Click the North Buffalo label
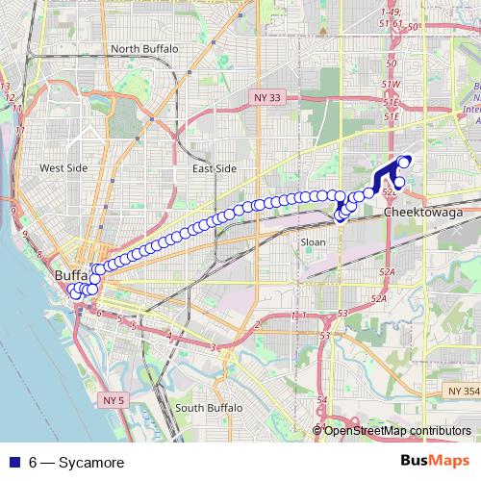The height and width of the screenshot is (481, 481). (x=146, y=48)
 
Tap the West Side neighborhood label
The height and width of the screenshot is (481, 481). (x=63, y=168)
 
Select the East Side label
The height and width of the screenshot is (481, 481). (x=214, y=168)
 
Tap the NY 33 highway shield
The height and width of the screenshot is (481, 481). (x=267, y=97)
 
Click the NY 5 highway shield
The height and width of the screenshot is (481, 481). (x=114, y=399)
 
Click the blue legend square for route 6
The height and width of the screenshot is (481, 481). (x=14, y=463)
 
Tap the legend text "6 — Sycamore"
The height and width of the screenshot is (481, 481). (x=76, y=463)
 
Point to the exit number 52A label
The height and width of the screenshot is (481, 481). (x=387, y=273)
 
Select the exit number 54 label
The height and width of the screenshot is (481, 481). (x=322, y=399)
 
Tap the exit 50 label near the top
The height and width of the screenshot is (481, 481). (x=391, y=64)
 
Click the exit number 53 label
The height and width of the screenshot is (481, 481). (x=342, y=314)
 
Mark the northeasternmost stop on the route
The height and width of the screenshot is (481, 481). (x=405, y=160)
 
